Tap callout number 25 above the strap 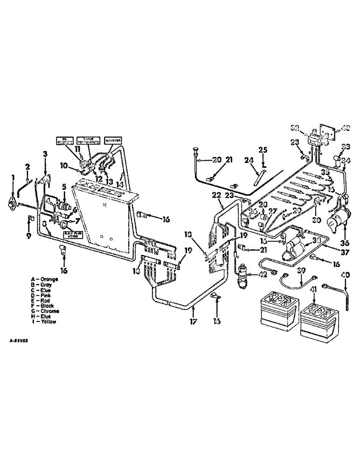click(x=262, y=150)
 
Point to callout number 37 click(x=346, y=253)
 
